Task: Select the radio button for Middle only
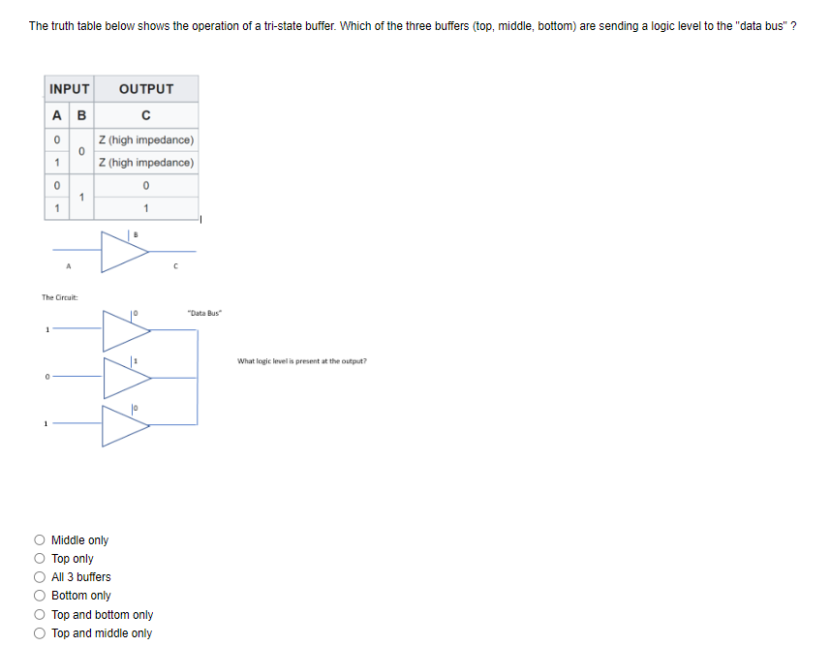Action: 40,540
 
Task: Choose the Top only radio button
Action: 40,559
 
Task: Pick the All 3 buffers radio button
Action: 40,577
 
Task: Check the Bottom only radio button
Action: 40,596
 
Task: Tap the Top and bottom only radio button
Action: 40,615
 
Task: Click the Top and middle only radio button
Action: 40,633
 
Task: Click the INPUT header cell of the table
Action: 69,89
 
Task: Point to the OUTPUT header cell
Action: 146,89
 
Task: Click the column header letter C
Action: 145,117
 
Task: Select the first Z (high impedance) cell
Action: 146,140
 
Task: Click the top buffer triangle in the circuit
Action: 124,330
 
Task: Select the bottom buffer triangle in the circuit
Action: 124,425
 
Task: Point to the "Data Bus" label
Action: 206,313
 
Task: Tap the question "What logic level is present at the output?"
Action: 302,361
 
